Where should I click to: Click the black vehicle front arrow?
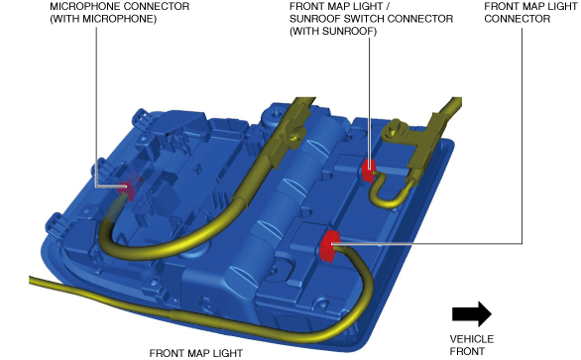point(472,313)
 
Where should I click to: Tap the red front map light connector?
point(328,245)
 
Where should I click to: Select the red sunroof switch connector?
point(368,171)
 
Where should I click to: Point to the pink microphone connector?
point(128,187)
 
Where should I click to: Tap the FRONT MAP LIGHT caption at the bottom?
point(196,353)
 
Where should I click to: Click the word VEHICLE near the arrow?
point(472,339)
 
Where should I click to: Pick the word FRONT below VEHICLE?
point(467,351)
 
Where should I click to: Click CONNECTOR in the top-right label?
point(518,19)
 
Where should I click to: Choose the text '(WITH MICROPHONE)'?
point(103,19)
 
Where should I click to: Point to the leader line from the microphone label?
point(96,107)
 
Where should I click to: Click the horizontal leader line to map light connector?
point(426,244)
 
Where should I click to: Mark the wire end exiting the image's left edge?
point(31,281)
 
